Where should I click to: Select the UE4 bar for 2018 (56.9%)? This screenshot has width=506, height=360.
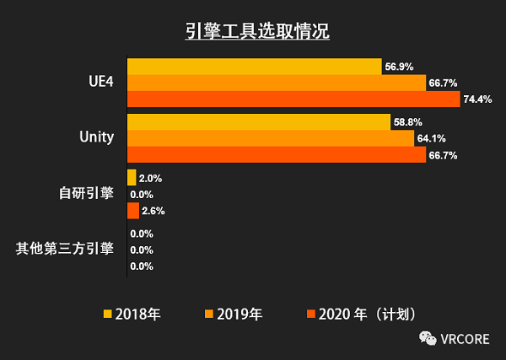253,67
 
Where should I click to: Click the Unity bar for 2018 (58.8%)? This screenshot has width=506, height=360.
257,122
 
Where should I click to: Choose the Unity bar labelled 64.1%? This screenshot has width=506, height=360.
270,138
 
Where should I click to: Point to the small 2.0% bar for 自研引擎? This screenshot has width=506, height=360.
131,177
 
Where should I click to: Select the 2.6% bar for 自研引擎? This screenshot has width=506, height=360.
132,210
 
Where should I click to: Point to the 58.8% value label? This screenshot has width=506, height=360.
408,123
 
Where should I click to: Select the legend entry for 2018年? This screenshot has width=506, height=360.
132,314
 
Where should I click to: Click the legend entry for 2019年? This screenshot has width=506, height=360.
234,314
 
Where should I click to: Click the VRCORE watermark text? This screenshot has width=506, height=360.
468,339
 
